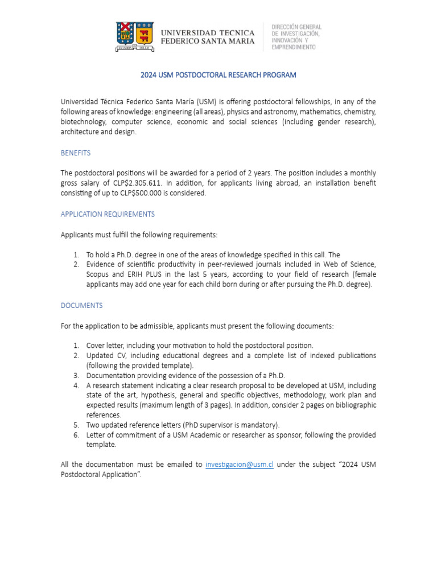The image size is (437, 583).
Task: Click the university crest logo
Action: pyautogui.click(x=135, y=36)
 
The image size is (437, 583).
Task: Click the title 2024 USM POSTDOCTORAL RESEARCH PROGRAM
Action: pyautogui.click(x=218, y=75)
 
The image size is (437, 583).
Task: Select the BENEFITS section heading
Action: pyautogui.click(x=76, y=153)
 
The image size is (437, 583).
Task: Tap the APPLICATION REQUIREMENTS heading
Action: pyautogui.click(x=108, y=214)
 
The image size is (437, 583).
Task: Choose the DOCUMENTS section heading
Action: pyautogui.click(x=81, y=306)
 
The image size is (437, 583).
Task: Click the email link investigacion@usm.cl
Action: pyautogui.click(x=240, y=465)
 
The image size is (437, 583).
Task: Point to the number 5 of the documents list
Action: pyautogui.click(x=76, y=425)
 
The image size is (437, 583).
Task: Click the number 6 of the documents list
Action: pyautogui.click(x=76, y=435)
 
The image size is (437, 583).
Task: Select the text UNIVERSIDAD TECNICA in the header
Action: pyautogui.click(x=208, y=32)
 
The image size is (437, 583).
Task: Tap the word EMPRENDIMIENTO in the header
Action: pyautogui.click(x=294, y=48)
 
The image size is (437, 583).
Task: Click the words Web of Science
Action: pyautogui.click(x=349, y=265)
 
